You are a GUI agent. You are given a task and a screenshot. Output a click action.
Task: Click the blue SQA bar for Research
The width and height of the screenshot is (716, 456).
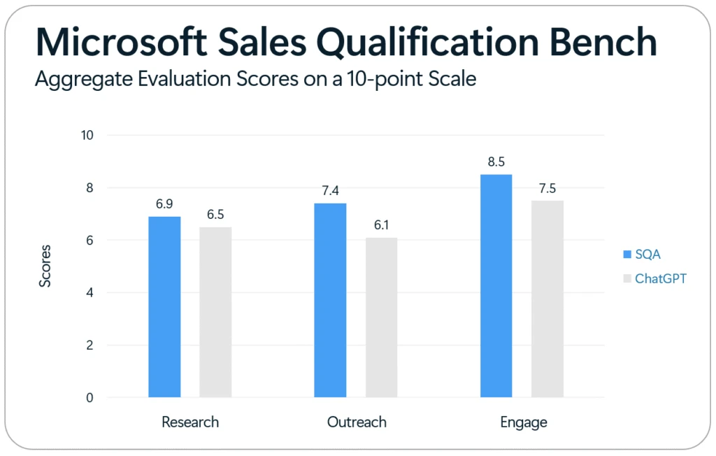164,307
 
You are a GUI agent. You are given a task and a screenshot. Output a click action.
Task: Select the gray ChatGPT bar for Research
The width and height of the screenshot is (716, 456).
215,312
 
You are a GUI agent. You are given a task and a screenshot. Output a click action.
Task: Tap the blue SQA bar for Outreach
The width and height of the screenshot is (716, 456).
330,300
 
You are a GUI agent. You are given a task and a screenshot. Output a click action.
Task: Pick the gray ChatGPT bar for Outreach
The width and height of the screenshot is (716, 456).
381,318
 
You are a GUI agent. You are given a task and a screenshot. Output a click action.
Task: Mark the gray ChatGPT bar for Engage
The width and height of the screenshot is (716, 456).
547,299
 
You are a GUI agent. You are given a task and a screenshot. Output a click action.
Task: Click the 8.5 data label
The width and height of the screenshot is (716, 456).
496,162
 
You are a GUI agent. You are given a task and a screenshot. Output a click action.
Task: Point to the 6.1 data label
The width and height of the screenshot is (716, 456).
381,225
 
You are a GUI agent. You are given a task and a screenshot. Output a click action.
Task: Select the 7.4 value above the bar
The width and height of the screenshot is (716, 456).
330,191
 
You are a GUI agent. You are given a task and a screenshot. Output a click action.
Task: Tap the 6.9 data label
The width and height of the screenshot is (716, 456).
164,204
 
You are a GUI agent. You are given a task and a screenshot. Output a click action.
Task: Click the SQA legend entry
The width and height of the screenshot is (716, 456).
643,255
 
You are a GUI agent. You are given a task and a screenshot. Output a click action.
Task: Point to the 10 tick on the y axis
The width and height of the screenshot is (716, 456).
87,135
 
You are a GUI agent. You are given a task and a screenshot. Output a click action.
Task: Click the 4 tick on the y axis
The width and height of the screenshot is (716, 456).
90,292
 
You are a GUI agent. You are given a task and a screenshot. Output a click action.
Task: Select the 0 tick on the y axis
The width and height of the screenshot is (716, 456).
90,398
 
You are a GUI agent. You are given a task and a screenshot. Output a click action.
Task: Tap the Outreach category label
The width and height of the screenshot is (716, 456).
357,422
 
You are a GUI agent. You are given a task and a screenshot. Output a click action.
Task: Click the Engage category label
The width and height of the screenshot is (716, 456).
523,422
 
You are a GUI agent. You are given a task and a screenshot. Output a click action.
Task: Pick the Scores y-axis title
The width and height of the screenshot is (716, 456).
45,266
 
